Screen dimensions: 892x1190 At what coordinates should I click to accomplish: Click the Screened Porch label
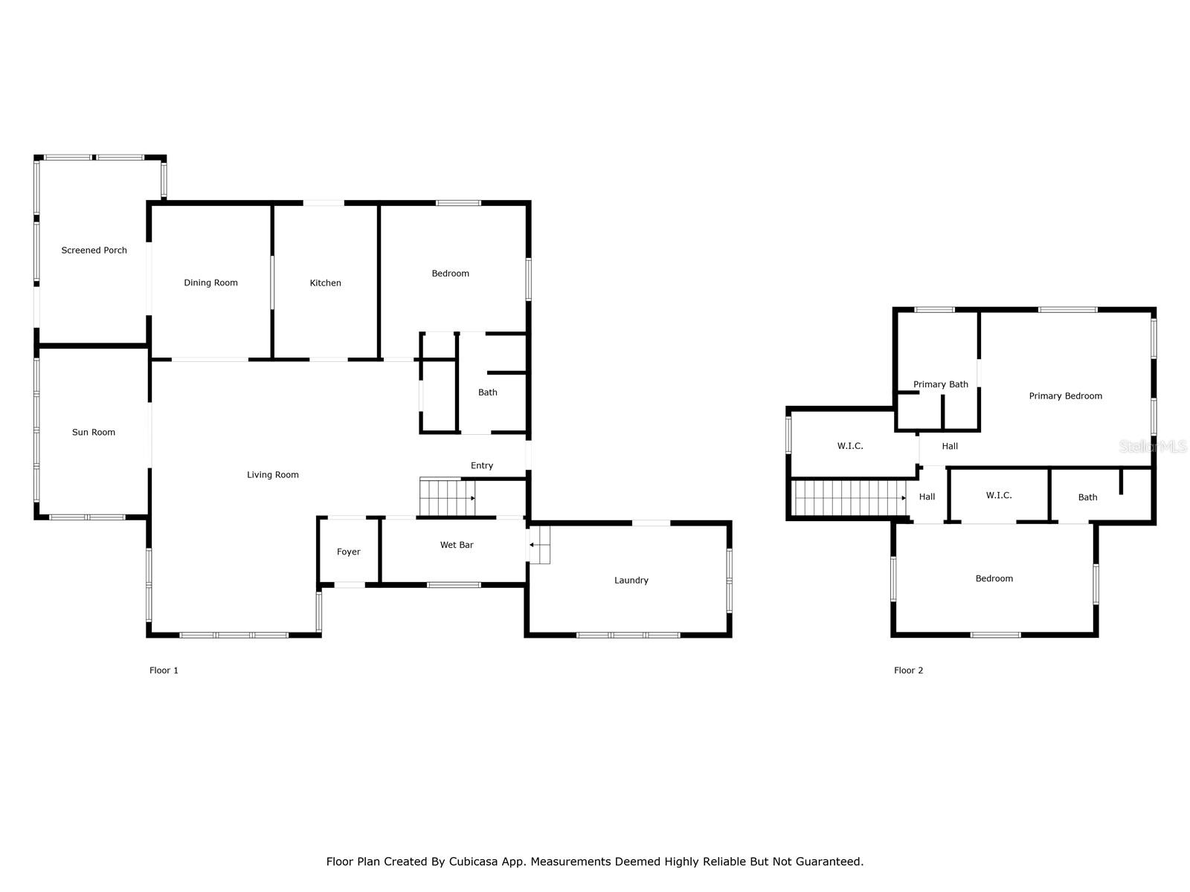tap(94, 251)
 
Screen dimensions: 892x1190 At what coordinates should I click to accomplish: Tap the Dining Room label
tap(210, 282)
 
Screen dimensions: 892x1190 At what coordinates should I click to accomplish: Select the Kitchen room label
tap(325, 282)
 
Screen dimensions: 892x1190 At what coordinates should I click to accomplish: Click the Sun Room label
tap(94, 432)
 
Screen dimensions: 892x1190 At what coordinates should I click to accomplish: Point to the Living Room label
tap(273, 475)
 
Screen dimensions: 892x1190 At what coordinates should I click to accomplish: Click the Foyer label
tap(348, 552)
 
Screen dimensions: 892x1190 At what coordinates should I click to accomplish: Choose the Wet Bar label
tap(457, 545)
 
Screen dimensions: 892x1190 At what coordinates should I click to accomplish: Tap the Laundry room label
tap(631, 581)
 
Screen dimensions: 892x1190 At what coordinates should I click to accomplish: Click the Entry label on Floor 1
tap(482, 465)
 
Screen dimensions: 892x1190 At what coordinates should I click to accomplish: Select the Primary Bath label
tap(940, 384)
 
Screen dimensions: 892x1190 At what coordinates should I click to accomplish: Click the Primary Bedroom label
tap(1065, 396)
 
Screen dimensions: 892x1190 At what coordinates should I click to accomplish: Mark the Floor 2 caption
tap(908, 670)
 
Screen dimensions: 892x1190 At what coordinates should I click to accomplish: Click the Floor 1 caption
tap(164, 670)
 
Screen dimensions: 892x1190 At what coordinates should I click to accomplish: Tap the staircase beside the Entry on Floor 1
tap(447, 497)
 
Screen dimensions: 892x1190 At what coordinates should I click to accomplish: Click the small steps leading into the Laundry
tap(540, 545)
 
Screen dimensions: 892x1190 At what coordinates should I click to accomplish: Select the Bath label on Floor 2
tap(1087, 497)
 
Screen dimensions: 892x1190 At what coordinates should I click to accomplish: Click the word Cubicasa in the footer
tap(474, 862)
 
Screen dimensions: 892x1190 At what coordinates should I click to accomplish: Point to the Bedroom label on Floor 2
tap(994, 578)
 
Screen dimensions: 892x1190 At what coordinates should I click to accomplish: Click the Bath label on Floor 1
tap(487, 392)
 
